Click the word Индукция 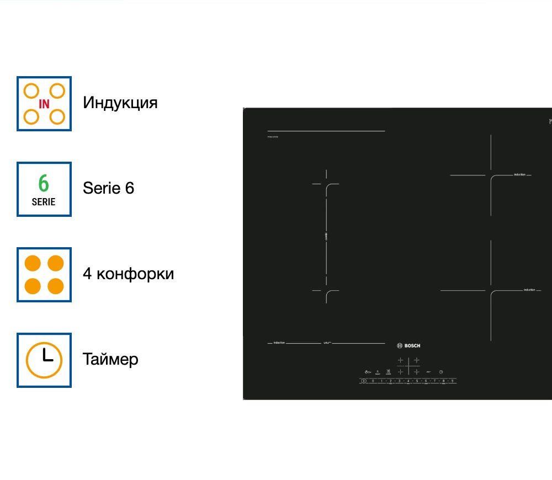(120, 103)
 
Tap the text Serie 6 (108, 188)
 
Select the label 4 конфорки (128, 274)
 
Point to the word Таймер (110, 359)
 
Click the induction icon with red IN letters (44, 104)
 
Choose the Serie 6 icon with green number (44, 189)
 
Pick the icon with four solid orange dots (44, 275)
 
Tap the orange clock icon (44, 360)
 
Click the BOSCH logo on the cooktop (408, 346)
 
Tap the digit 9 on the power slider (452, 381)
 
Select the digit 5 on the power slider (417, 381)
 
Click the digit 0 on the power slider (373, 381)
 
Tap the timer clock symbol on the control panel (441, 372)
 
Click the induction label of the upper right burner (519, 174)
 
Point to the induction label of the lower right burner (529, 290)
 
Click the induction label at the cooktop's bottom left (279, 343)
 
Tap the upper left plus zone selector (401, 360)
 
